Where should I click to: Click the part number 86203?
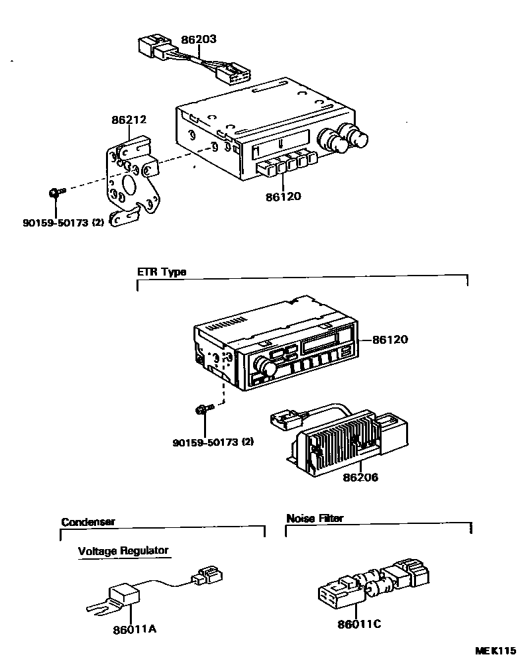pos(198,40)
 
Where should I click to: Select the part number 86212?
pos(129,120)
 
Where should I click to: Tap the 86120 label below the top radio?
pos(284,196)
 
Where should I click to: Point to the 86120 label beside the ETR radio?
pos(390,340)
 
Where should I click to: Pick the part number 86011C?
pos(360,624)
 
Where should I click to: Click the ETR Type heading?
pos(162,272)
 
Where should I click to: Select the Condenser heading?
pos(88,522)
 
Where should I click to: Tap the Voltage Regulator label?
pos(123,550)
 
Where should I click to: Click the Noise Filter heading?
pos(315,519)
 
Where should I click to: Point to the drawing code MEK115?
pos(494,651)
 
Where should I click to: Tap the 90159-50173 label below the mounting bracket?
pos(64,223)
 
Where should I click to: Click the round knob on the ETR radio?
pos(268,367)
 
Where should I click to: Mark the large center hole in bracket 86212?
pos(129,181)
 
